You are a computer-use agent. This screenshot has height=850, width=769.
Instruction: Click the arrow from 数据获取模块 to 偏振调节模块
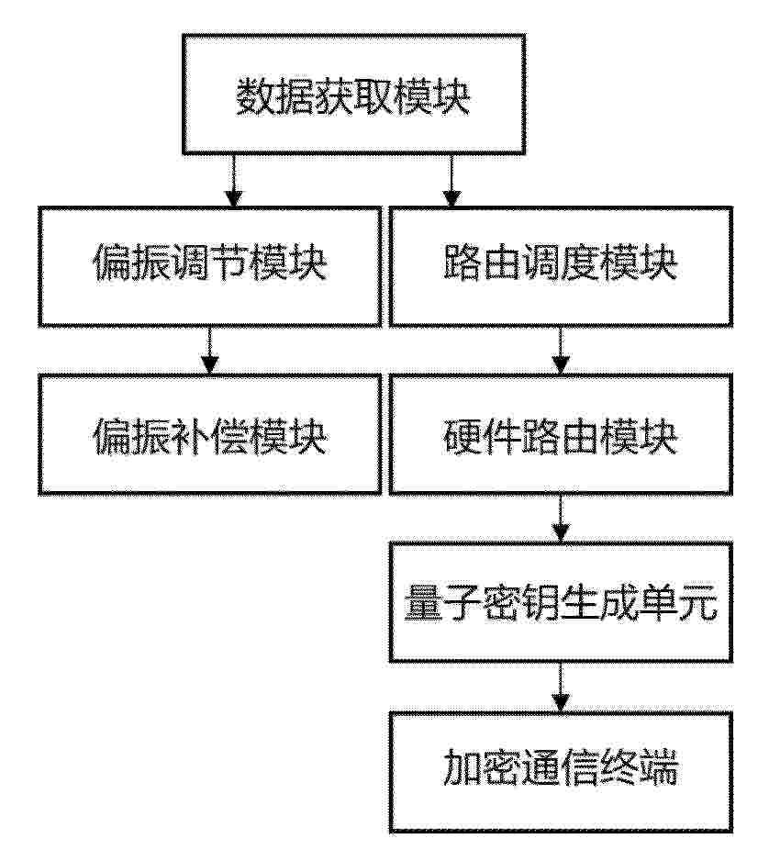click(x=234, y=181)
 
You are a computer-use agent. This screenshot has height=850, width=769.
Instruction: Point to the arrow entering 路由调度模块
click(x=451, y=181)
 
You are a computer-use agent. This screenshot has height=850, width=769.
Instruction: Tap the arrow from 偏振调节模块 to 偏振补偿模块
click(x=210, y=351)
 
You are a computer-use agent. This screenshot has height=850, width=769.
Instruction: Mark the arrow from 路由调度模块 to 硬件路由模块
click(x=561, y=351)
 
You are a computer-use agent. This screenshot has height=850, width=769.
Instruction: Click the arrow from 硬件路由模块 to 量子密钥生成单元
click(x=561, y=519)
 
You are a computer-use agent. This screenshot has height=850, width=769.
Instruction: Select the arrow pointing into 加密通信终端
click(x=561, y=687)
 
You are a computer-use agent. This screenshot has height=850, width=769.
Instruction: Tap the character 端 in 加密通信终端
click(x=659, y=767)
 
